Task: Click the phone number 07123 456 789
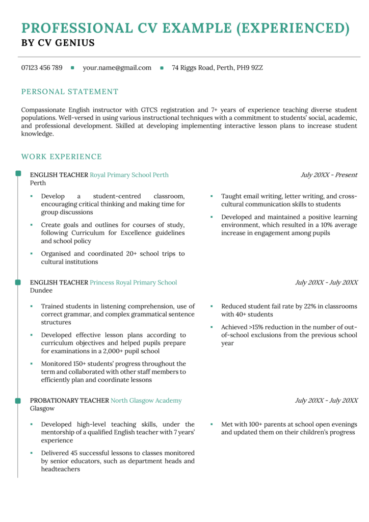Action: coord(42,68)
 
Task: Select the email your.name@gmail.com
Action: coord(117,68)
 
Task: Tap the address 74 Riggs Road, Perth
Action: coord(217,68)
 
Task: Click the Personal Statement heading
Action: coord(70,92)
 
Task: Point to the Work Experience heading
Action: coord(62,156)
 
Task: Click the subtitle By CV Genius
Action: coord(58,43)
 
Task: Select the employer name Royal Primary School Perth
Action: coord(129,175)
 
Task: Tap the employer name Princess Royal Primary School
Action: coord(134,282)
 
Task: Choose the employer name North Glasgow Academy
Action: coord(146,401)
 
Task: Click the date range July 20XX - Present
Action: coord(329,175)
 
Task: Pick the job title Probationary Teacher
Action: coord(69,401)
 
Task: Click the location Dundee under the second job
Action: coord(41,291)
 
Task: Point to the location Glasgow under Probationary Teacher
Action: coord(42,409)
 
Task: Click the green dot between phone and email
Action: coord(72,68)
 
